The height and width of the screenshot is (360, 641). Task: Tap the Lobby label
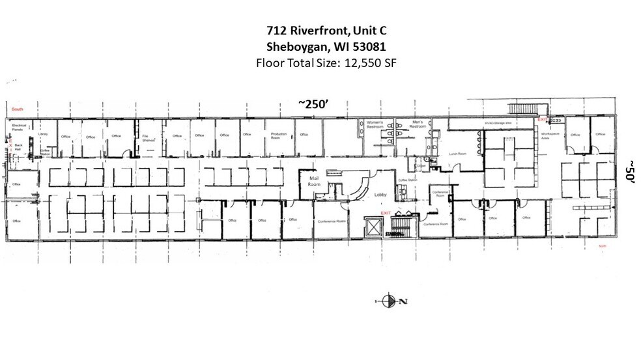point(381,194)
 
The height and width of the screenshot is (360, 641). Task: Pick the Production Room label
point(279,135)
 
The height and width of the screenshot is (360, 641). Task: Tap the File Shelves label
point(147,137)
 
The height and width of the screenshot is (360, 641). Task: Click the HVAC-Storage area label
point(496,122)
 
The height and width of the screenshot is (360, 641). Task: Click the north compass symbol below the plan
point(391,301)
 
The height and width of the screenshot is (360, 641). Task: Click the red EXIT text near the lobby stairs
point(386,213)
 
